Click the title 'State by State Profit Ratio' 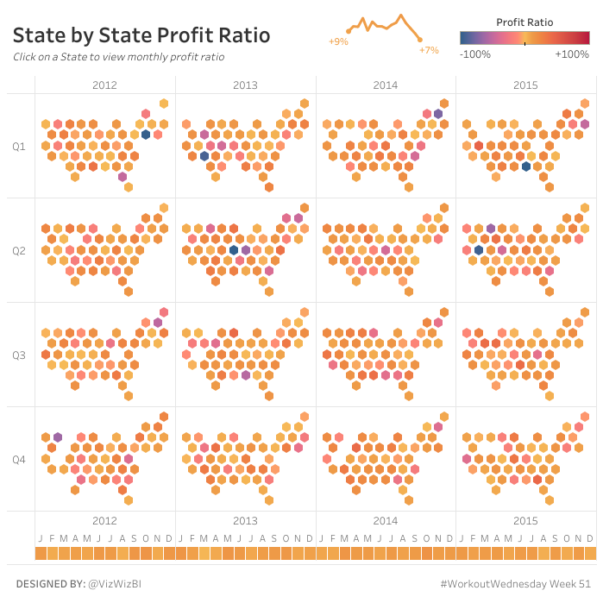141,35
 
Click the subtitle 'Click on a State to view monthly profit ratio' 118,57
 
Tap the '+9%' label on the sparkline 338,41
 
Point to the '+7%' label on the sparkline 429,50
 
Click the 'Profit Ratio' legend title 525,22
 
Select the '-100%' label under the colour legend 475,54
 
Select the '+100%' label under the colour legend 571,54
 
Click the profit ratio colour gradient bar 525,38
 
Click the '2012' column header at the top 104,85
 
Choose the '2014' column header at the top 386,85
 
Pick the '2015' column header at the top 526,85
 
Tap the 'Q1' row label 19,147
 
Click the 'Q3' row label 19,355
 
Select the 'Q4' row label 19,460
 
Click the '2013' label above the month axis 245,521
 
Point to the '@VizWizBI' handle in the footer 115,584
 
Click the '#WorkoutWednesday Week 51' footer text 515,584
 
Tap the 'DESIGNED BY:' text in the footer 49,584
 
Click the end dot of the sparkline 420,40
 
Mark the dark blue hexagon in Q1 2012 146,135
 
